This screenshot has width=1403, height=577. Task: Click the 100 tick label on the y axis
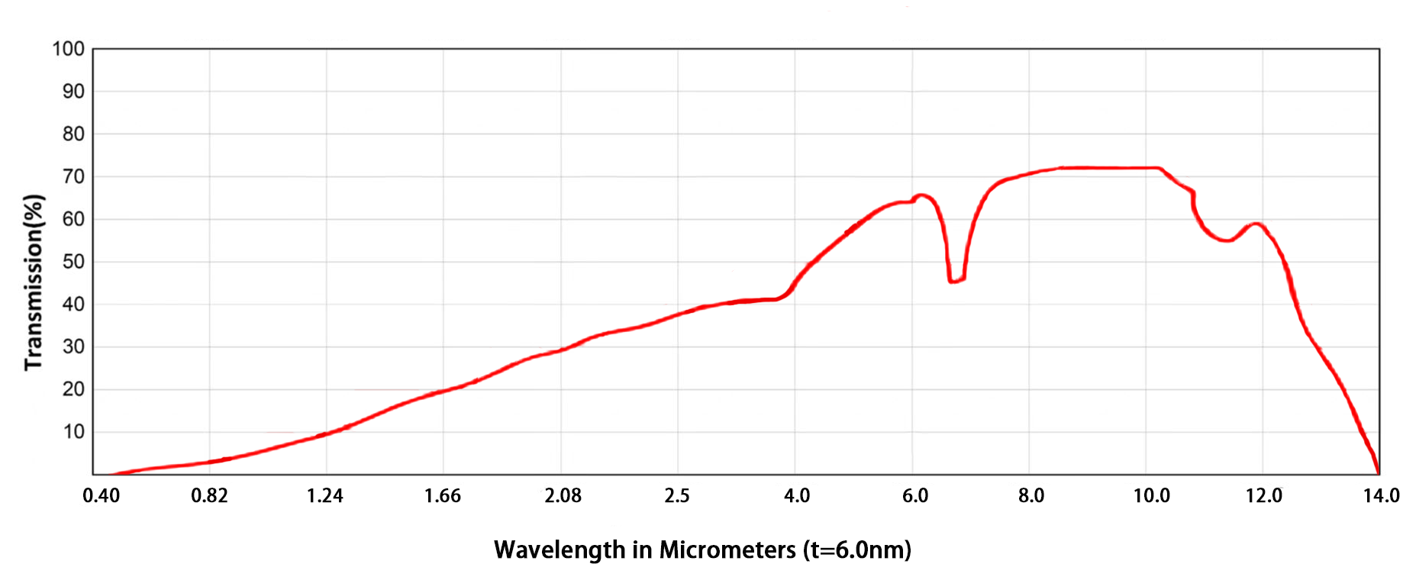68,50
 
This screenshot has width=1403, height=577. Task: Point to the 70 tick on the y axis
73,177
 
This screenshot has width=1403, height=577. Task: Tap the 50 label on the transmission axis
73,262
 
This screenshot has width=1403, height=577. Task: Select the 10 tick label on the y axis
73,432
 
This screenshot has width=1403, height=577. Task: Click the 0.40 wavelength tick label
101,496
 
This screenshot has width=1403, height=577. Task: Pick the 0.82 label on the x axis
209,496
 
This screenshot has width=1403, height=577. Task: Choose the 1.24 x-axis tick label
325,496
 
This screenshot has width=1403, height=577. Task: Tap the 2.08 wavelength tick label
563,496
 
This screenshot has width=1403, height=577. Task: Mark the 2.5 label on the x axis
677,496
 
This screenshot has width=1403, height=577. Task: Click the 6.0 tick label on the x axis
915,496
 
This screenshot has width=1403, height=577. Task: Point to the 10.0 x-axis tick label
1151,496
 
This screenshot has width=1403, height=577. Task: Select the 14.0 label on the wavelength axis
1381,496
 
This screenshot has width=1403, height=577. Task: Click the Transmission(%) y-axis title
34,282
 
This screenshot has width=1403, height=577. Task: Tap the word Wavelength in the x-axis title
559,550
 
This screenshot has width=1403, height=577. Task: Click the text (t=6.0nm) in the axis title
857,550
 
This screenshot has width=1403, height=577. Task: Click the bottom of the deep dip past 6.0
956,281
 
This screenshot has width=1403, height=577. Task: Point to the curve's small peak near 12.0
1256,224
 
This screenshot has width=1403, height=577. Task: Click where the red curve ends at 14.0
1379,473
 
